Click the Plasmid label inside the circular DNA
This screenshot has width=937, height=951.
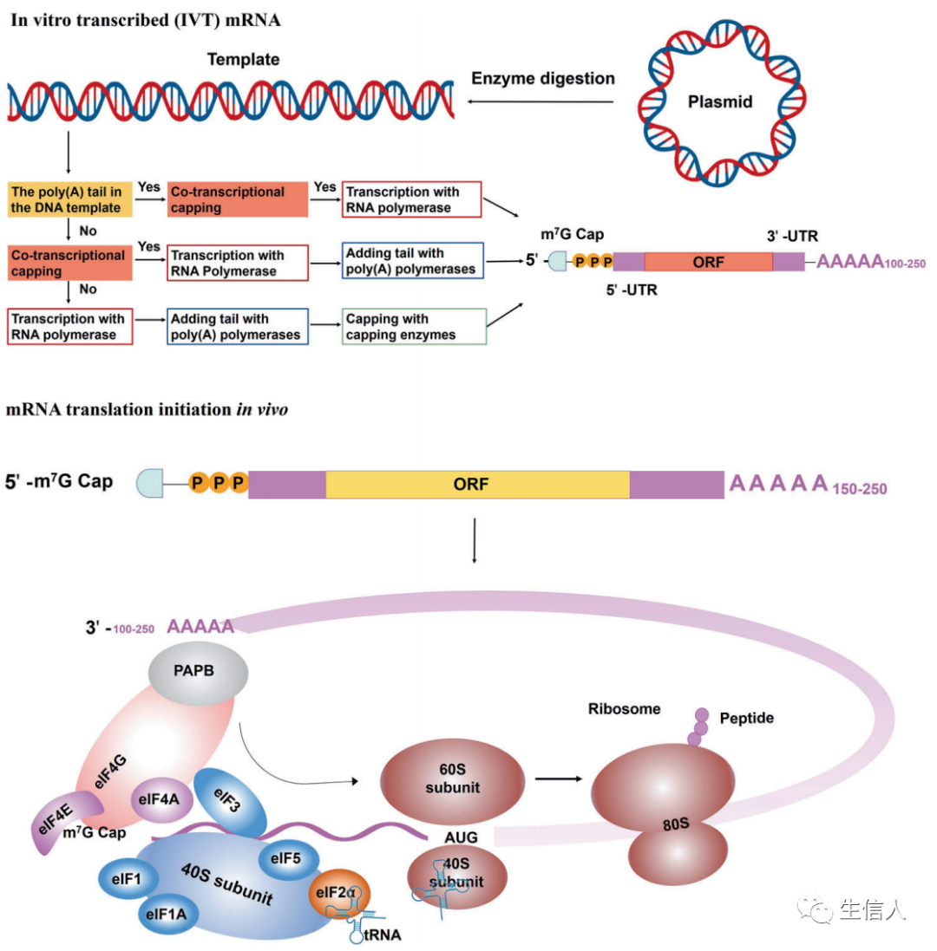tap(720, 101)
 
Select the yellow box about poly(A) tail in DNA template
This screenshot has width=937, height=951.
tap(69, 199)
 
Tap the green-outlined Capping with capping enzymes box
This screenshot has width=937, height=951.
tap(414, 326)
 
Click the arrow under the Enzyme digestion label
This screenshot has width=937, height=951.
tap(541, 101)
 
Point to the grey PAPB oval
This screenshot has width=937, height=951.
tap(198, 672)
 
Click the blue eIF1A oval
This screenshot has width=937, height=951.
tap(167, 914)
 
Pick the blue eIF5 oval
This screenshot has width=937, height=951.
tap(288, 859)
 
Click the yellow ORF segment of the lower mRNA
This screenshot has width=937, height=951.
tap(477, 484)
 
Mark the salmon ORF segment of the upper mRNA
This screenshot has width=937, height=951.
tap(708, 262)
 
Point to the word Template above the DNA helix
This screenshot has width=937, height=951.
tap(243, 60)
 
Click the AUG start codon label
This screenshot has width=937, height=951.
tap(461, 837)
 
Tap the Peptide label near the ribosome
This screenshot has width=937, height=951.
tap(746, 718)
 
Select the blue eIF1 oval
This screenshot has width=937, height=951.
tap(128, 878)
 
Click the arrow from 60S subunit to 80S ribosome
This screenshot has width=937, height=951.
tap(559, 778)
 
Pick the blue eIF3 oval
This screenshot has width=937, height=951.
tap(230, 802)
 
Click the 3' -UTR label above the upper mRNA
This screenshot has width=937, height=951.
tap(792, 236)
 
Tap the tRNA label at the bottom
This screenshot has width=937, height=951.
tap(383, 935)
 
